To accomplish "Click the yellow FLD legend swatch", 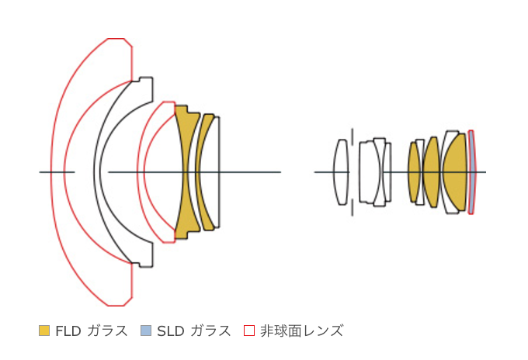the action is coord(44,331).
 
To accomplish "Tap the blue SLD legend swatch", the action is coord(146,331).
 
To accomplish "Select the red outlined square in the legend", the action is coord(248,331).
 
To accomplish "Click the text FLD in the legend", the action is coord(68,331).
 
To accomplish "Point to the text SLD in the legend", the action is coord(170,331).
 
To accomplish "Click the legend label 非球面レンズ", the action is coord(301,331).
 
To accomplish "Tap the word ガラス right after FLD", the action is coord(107,331).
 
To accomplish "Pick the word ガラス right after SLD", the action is coord(210,331).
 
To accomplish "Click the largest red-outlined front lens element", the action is coord(58,172).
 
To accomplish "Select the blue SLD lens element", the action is coord(472,172).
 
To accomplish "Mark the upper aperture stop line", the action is coord(353,137).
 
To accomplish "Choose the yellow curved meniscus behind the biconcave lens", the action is coord(199,172).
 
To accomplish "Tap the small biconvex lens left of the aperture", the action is coord(341,172).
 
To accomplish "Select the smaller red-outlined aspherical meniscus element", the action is coord(141,172).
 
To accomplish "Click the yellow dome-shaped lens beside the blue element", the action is coord(454,172).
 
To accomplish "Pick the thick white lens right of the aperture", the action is coord(367,172).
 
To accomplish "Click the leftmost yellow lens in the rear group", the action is coord(414,172).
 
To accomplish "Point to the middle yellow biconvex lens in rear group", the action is coord(432,172).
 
